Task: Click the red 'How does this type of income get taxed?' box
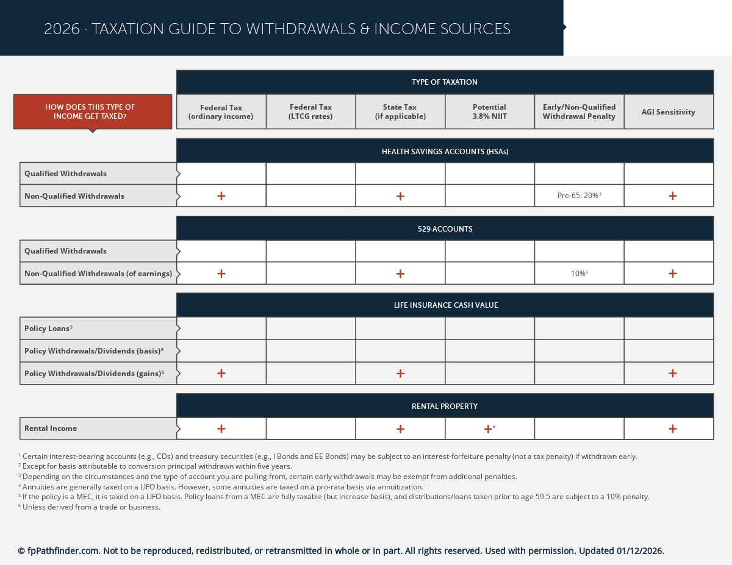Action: point(93,112)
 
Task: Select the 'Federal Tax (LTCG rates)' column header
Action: point(310,112)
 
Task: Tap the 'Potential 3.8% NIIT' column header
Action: point(489,112)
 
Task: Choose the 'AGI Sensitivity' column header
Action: point(668,112)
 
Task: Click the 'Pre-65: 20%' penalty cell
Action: point(579,196)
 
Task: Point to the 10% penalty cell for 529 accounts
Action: point(579,274)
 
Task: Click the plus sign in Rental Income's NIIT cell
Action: point(488,428)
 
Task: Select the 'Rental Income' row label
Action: point(51,428)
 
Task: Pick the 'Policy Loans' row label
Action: point(48,329)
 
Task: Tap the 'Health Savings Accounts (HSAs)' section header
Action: point(445,151)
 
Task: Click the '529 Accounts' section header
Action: point(445,229)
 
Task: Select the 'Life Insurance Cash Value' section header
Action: point(445,305)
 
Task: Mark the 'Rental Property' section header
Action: point(445,406)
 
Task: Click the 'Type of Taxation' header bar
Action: point(445,82)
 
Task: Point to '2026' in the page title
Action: point(62,29)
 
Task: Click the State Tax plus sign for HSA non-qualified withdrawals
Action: point(400,196)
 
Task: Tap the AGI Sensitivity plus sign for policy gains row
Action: point(672,373)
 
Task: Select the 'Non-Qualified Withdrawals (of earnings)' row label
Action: point(98,274)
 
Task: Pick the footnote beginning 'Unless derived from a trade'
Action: point(91,507)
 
